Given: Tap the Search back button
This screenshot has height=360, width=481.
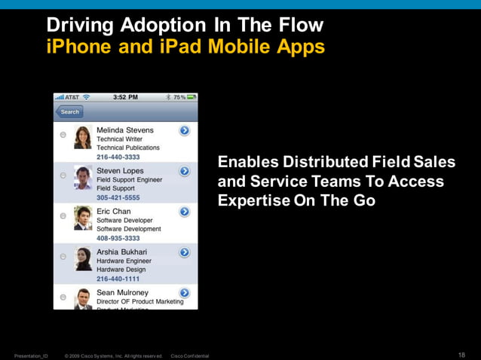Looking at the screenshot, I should pyautogui.click(x=69, y=112).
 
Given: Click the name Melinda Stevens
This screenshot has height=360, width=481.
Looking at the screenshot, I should pyautogui.click(x=124, y=130).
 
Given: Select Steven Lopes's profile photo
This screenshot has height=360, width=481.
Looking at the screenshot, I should pyautogui.click(x=83, y=177).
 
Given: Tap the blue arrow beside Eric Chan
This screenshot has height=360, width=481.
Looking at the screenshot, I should pyautogui.click(x=184, y=212).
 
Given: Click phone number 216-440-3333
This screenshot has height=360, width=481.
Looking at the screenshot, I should pyautogui.click(x=118, y=157).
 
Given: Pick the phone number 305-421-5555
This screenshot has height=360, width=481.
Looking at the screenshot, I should pyautogui.click(x=118, y=198).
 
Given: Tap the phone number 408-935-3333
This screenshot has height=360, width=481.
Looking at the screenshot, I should pyautogui.click(x=118, y=238).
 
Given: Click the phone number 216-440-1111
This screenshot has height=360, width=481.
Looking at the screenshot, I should pyautogui.click(x=118, y=279).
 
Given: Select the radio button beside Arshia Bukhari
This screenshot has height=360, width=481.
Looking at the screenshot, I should pyautogui.click(x=63, y=257).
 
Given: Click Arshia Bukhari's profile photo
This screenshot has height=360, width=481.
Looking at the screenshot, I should pyautogui.click(x=83, y=258).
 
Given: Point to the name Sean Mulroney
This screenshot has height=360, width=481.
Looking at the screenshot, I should pyautogui.click(x=122, y=292).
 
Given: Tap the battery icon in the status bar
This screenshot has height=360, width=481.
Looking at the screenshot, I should pyautogui.click(x=191, y=97).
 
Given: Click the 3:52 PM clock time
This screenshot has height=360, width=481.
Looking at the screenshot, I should pyautogui.click(x=125, y=97).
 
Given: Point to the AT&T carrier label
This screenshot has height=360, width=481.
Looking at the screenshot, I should pyautogui.click(x=72, y=97).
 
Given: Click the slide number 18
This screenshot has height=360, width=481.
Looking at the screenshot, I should pyautogui.click(x=461, y=355).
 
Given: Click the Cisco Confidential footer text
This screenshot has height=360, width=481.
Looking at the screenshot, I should pyautogui.click(x=190, y=355).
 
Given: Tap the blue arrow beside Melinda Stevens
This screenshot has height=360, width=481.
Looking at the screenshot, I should pyautogui.click(x=184, y=131).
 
